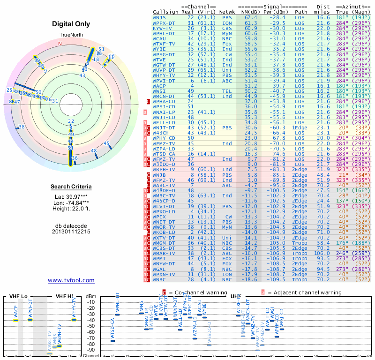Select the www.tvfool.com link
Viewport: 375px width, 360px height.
(x=71, y=280)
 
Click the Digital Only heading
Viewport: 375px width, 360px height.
(x=71, y=24)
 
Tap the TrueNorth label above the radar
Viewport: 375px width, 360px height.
(x=71, y=36)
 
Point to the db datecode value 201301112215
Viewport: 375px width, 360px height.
(x=71, y=232)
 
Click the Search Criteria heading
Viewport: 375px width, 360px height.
(x=71, y=187)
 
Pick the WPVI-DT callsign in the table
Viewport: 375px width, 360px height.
(x=164, y=81)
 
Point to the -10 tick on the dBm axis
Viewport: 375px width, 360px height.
(x=91, y=302)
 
